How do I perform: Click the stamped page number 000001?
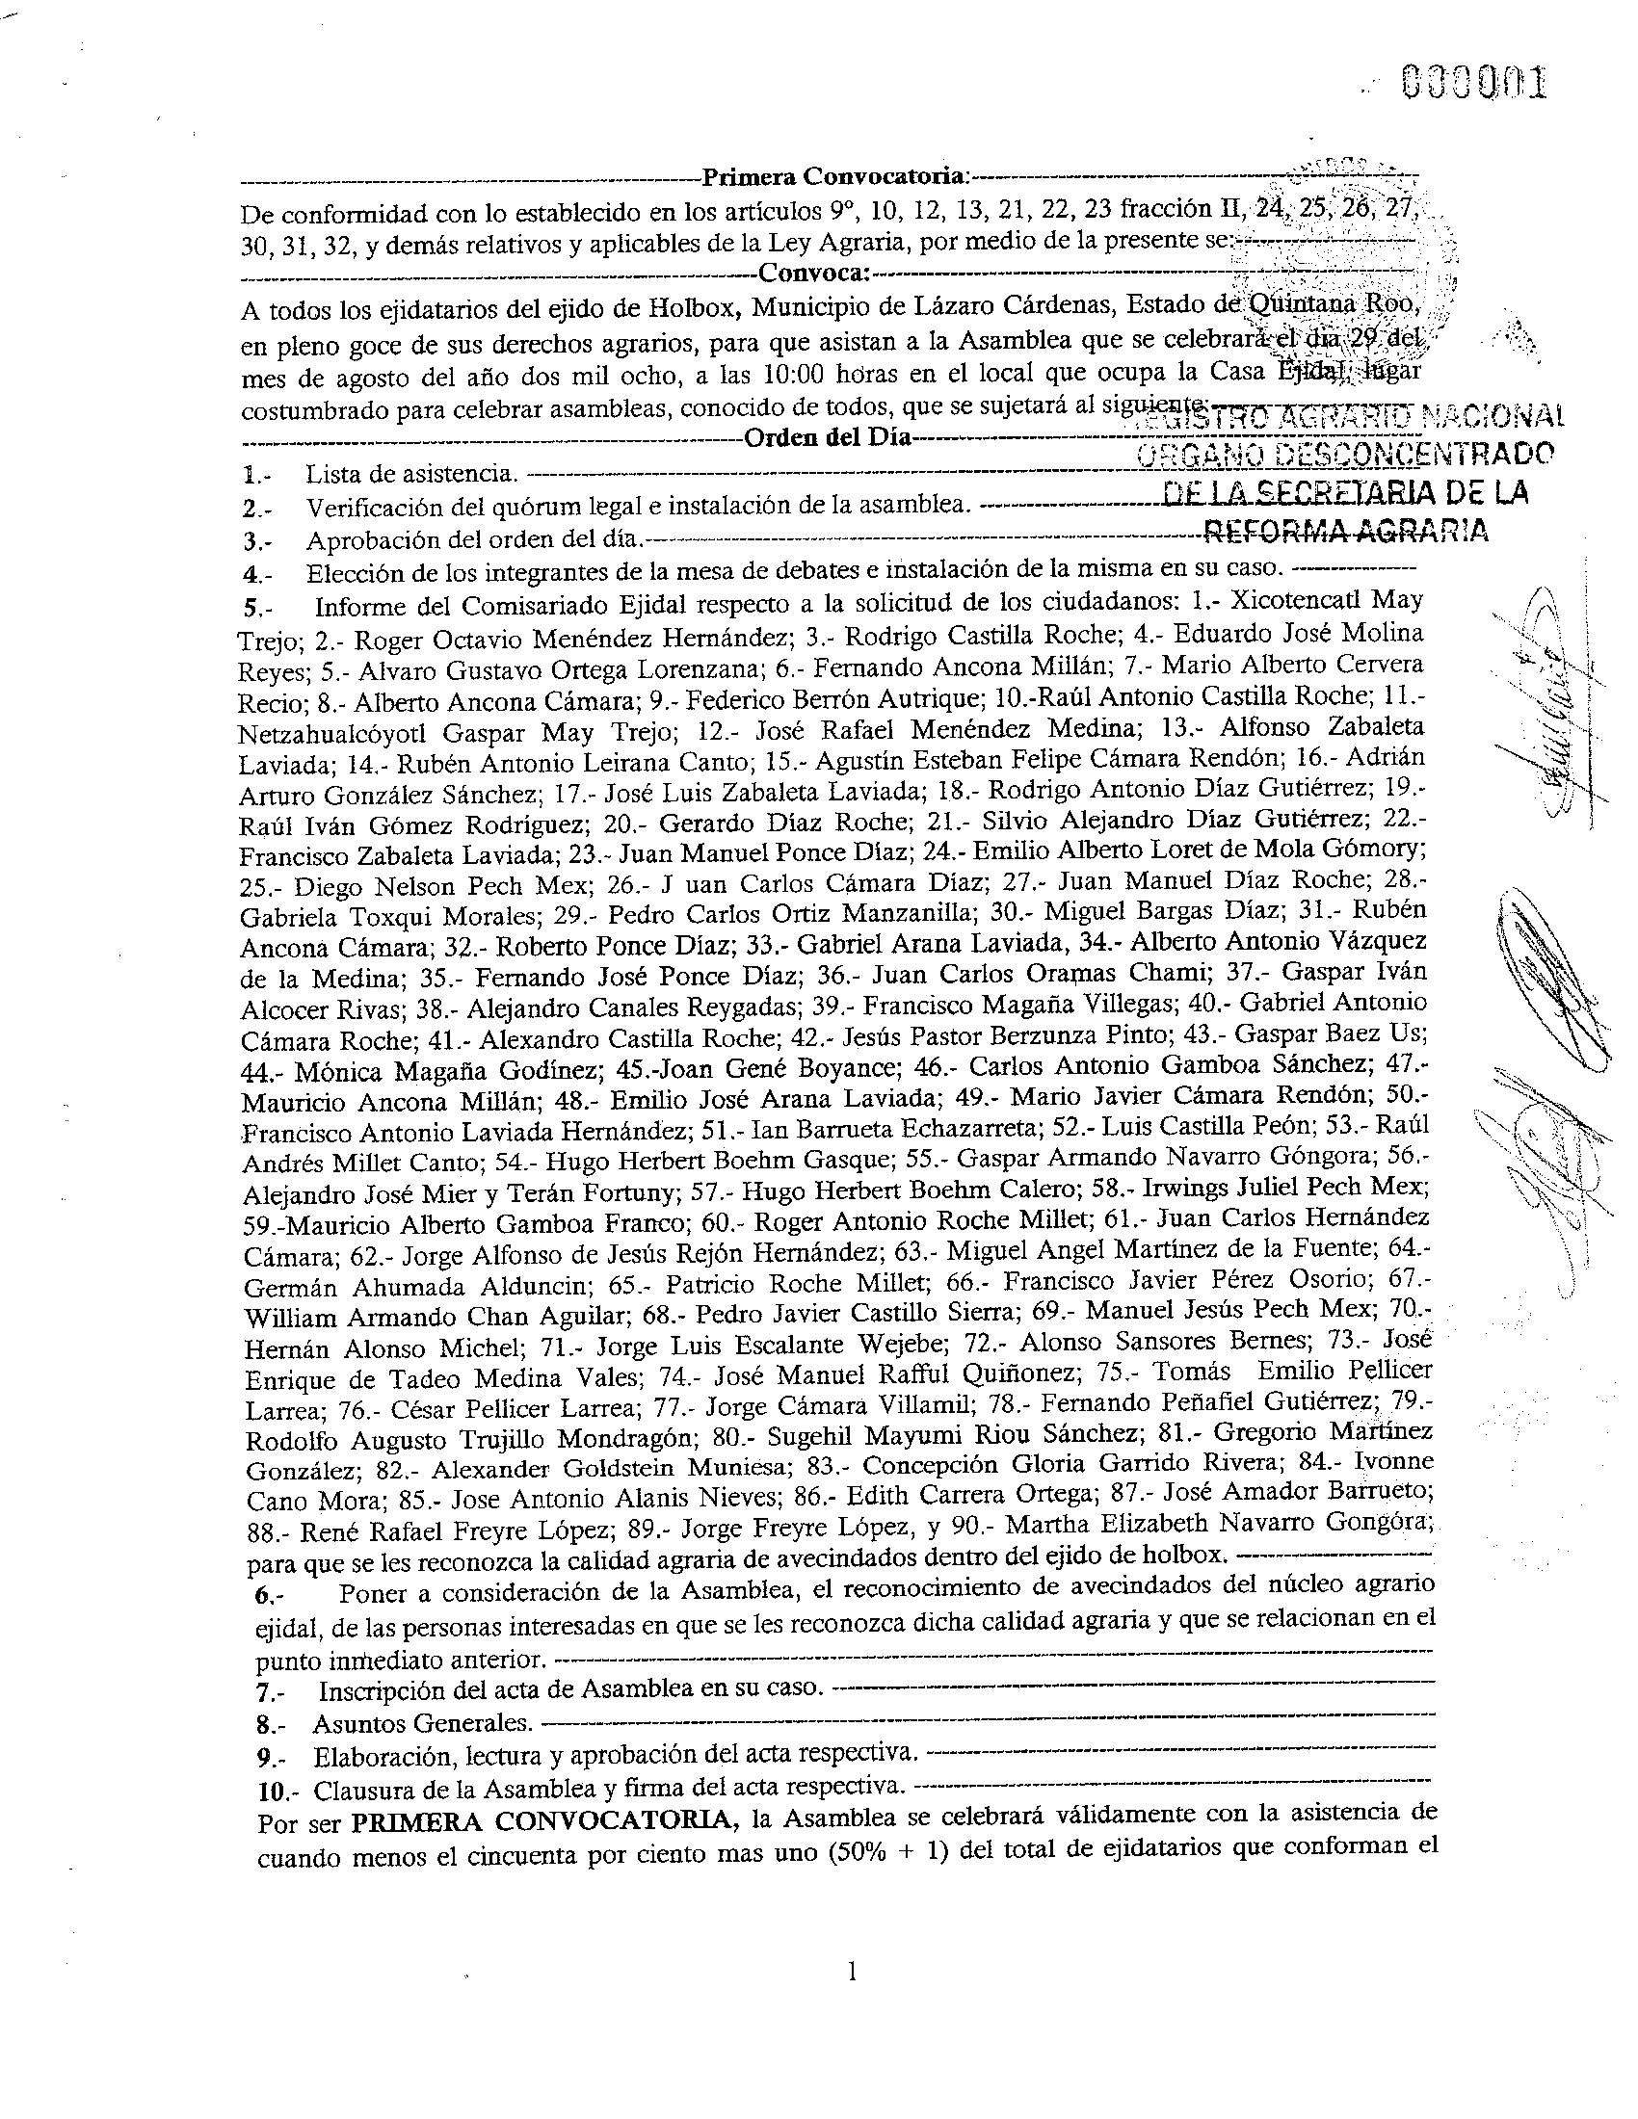tap(1473, 84)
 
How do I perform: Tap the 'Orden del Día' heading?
tap(828, 437)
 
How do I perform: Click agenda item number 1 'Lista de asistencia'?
tap(409, 475)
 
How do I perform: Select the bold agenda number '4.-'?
tap(257, 574)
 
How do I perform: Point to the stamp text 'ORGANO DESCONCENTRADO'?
tap(1343, 454)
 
